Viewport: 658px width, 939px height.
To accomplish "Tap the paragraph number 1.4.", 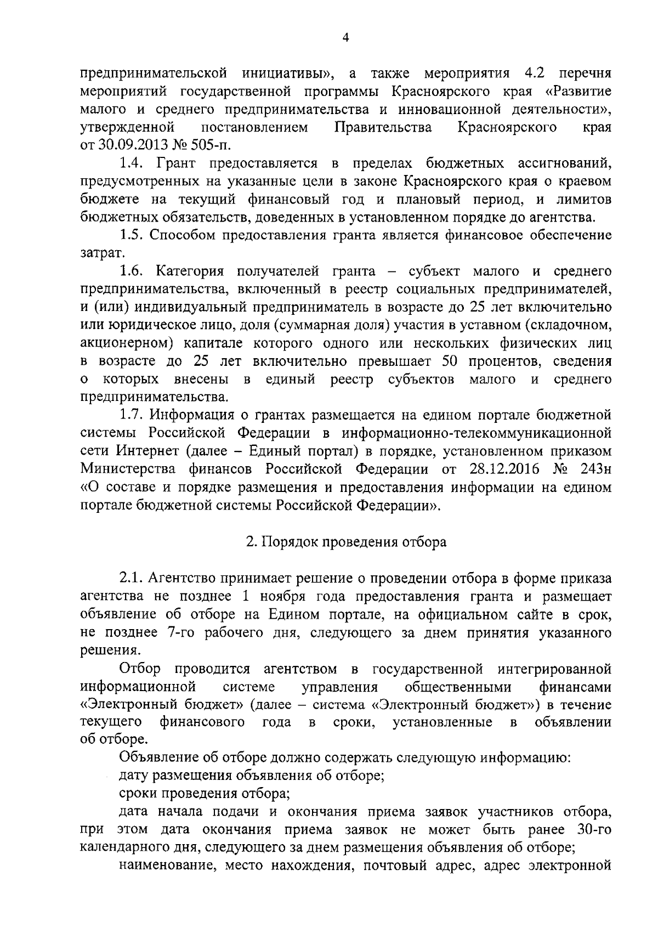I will click(132, 163).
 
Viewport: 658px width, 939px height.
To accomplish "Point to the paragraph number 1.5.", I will click(132, 235).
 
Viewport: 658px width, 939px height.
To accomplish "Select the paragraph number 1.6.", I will click(132, 271).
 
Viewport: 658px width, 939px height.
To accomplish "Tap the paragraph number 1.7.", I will click(132, 415).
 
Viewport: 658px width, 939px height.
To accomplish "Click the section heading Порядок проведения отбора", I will click(353, 542).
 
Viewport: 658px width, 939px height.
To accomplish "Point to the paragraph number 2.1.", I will click(132, 578).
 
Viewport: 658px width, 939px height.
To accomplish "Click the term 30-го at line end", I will click(594, 830).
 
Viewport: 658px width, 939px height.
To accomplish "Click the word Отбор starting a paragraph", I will click(140, 669).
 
